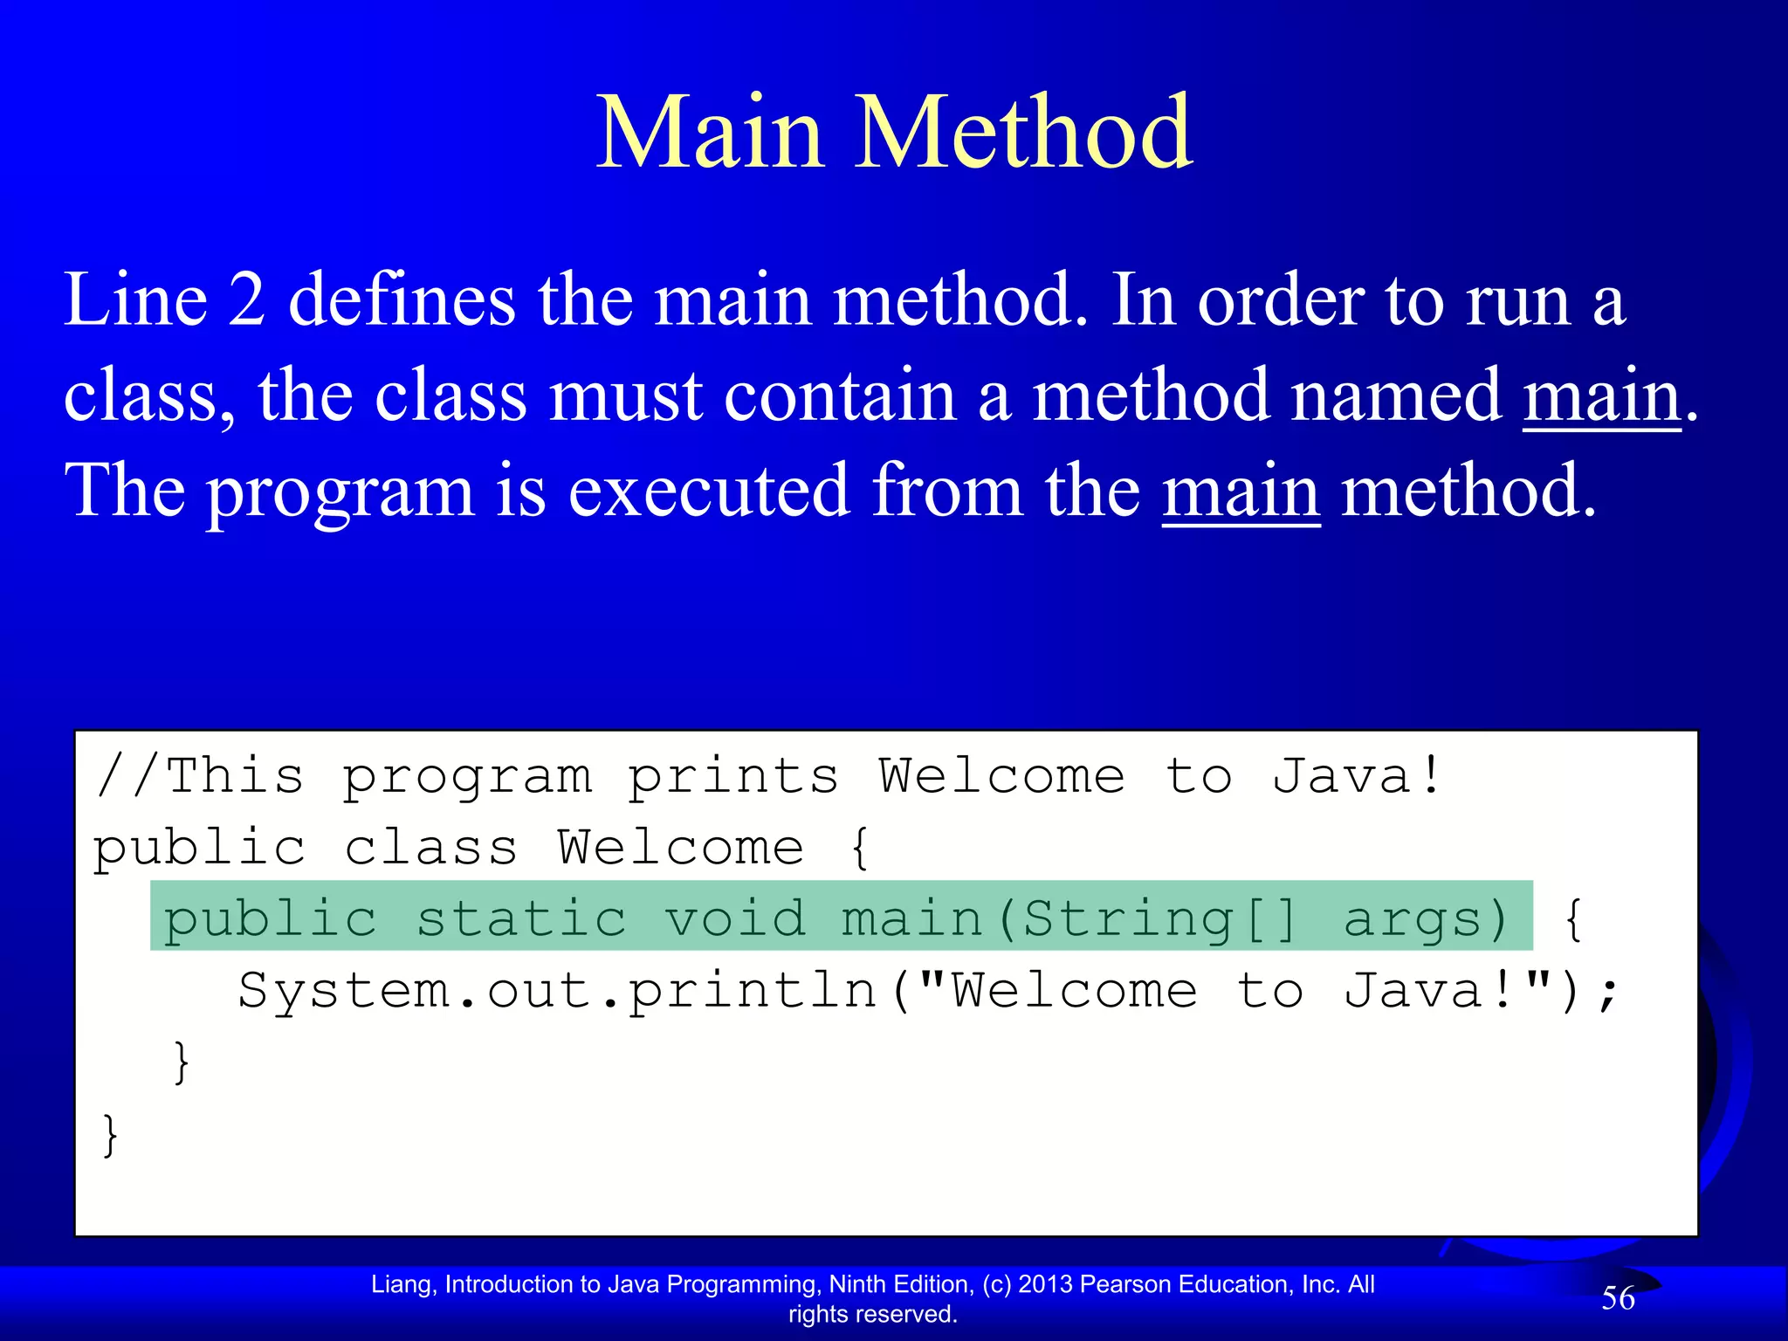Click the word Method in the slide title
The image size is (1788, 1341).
click(1022, 133)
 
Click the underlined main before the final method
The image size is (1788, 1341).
click(1241, 491)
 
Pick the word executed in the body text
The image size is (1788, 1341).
click(708, 491)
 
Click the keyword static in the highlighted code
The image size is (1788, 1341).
click(521, 918)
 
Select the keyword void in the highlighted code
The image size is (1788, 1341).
click(735, 918)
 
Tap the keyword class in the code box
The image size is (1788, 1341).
click(431, 848)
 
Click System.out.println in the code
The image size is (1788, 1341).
click(557, 991)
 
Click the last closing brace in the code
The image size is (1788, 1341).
click(110, 1135)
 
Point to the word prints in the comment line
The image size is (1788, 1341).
click(733, 776)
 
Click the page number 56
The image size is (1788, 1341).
click(1618, 1298)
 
